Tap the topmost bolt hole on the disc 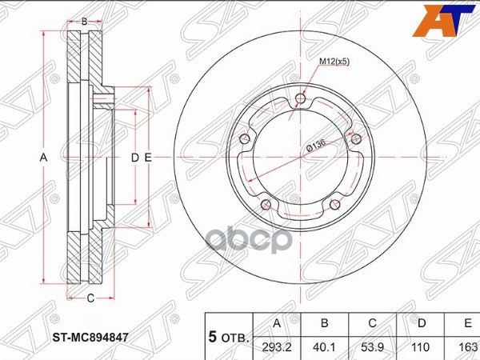300,99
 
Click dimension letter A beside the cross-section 44,158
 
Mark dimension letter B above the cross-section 84,22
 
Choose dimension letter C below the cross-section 90,298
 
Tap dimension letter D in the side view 135,158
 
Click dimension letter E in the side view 148,158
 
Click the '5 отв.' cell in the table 229,336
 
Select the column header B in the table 325,324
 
